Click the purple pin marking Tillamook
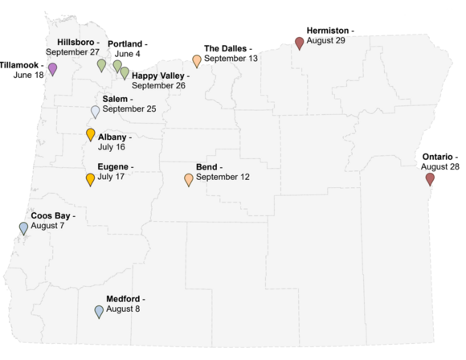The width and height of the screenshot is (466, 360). coord(53,68)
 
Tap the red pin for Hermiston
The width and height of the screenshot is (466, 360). coord(300,43)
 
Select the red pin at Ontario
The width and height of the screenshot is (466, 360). coord(430,178)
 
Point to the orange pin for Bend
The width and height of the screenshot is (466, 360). coord(189,179)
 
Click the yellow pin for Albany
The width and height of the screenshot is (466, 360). coord(91,134)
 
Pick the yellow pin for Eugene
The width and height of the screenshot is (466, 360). coord(91,178)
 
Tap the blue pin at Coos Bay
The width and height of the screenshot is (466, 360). coord(24,227)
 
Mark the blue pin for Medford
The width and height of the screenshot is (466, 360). coord(99,311)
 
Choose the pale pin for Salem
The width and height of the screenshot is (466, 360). coord(96,111)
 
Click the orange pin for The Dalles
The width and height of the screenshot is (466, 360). coord(197,60)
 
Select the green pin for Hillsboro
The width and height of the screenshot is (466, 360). coord(102,64)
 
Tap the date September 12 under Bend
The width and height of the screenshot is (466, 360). coord(222,177)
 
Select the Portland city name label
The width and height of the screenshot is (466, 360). coord(125,43)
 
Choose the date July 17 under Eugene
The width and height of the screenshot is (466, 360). coord(111,176)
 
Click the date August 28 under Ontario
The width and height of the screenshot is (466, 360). coord(440,166)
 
